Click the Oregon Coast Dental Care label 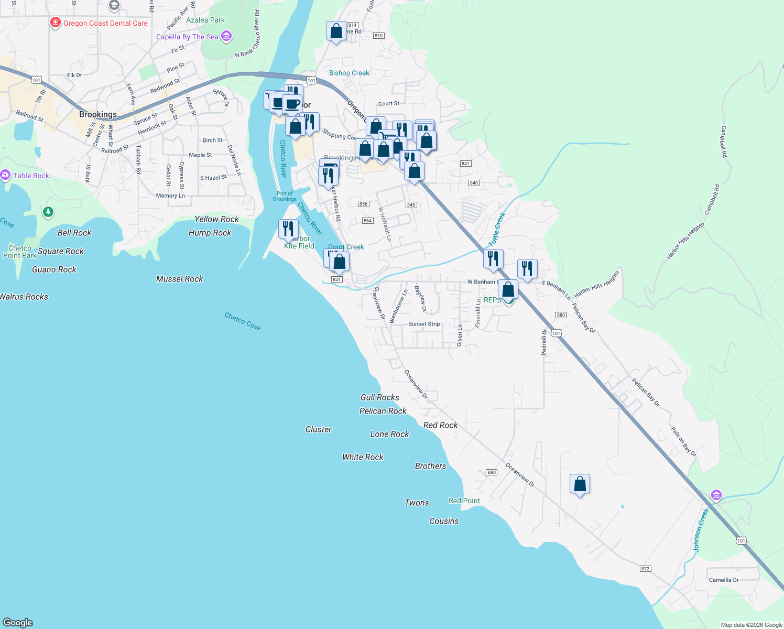pyautogui.click(x=105, y=23)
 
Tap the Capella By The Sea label pyautogui.click(x=187, y=37)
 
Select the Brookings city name pyautogui.click(x=98, y=114)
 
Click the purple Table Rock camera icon pyautogui.click(x=5, y=176)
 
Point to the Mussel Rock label pyautogui.click(x=179, y=279)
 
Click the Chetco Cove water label pyautogui.click(x=243, y=321)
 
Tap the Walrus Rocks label pyautogui.click(x=24, y=297)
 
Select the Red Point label pyautogui.click(x=464, y=501)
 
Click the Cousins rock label pyautogui.click(x=444, y=521)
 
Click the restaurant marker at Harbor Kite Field pyautogui.click(x=288, y=229)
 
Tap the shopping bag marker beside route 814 pyautogui.click(x=336, y=31)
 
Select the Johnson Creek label pyautogui.click(x=701, y=530)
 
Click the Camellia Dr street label pyautogui.click(x=724, y=580)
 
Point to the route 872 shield pyautogui.click(x=645, y=569)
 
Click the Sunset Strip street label pyautogui.click(x=424, y=324)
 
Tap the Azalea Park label pyautogui.click(x=205, y=20)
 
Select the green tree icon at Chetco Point pyautogui.click(x=48, y=212)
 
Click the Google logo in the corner pyautogui.click(x=18, y=622)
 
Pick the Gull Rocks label pyautogui.click(x=380, y=397)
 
